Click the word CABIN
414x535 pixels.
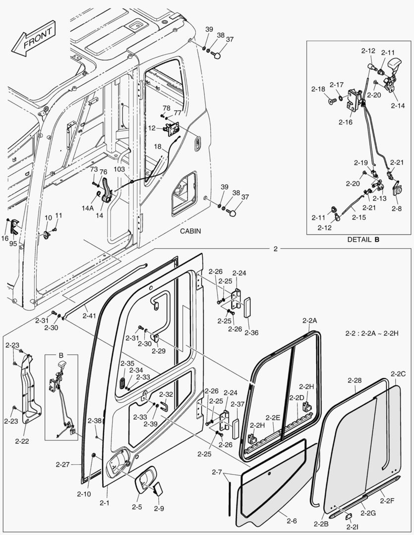[190, 231]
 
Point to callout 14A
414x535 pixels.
[88, 209]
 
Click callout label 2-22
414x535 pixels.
[21, 440]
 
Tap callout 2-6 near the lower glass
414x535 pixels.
[292, 520]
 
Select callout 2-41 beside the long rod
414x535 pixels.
[90, 315]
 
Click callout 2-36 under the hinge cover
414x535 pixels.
[251, 332]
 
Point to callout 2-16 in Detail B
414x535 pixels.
[346, 122]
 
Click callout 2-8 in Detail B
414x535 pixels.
[397, 209]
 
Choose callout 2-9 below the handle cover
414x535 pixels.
[159, 509]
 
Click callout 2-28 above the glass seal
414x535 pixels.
[355, 380]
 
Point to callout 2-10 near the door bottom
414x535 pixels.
[84, 493]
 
